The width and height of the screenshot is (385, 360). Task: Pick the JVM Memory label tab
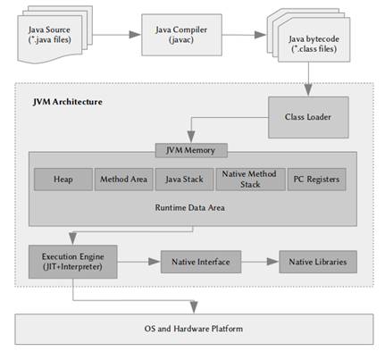[191, 149]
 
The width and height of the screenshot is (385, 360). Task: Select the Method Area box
[123, 179]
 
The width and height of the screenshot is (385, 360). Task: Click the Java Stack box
[185, 179]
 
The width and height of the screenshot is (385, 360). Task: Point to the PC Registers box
[314, 179]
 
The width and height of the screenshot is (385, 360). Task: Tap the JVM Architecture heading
[67, 103]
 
